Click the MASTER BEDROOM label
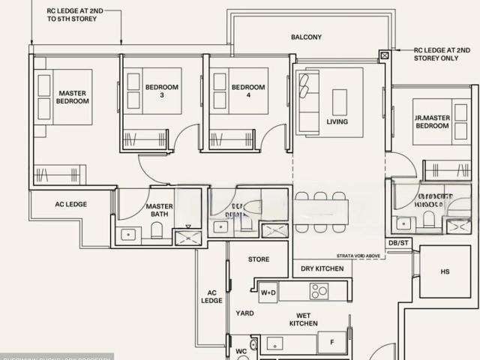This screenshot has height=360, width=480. point(73,97)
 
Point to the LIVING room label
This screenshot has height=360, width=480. point(337,121)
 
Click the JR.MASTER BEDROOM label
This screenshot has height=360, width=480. point(431,121)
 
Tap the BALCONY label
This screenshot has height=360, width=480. point(306,37)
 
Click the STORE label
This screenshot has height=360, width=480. point(258,259)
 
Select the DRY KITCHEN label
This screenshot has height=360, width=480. point(322,268)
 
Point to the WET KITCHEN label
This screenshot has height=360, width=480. point(304,319)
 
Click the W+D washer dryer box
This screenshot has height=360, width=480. point(268,292)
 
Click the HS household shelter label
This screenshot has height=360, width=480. point(445,272)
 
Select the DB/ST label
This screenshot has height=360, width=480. point(397,243)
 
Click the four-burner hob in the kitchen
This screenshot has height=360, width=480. point(319,290)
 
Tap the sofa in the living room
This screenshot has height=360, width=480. point(307,101)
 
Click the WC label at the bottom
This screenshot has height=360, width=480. point(241,351)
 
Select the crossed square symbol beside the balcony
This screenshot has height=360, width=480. point(385,55)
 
